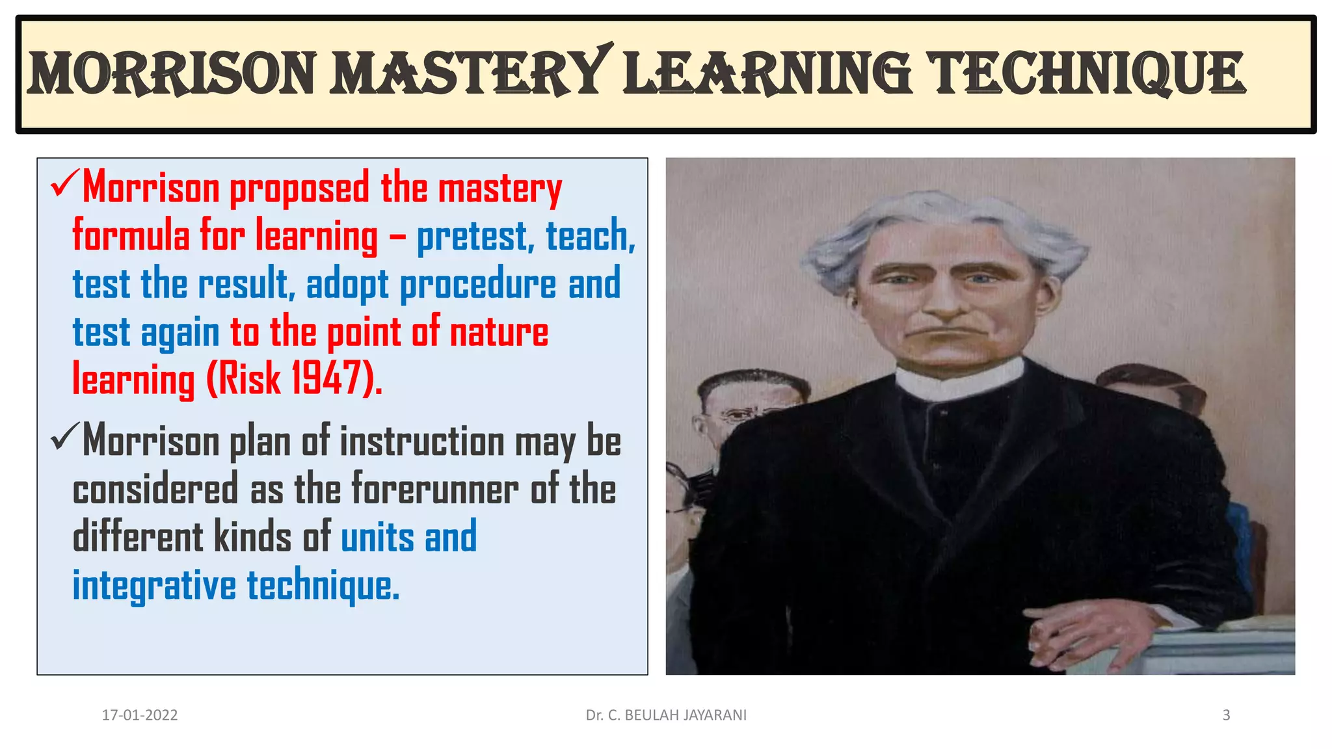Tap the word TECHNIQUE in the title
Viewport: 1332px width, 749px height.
click(x=1085, y=73)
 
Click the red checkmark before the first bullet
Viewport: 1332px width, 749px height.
click(x=64, y=185)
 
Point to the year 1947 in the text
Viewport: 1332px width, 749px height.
click(x=325, y=378)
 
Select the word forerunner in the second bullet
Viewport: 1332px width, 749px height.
click(x=435, y=489)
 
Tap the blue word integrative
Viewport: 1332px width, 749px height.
click(x=154, y=585)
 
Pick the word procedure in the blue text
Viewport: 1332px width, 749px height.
click(x=478, y=284)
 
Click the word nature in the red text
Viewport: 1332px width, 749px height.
click(x=499, y=332)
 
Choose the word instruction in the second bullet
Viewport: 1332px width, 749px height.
click(x=422, y=441)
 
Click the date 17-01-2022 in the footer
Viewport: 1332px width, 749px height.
click(x=140, y=715)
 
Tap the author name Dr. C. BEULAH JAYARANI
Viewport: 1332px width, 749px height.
click(x=666, y=715)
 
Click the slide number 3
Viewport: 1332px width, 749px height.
click(x=1226, y=715)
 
